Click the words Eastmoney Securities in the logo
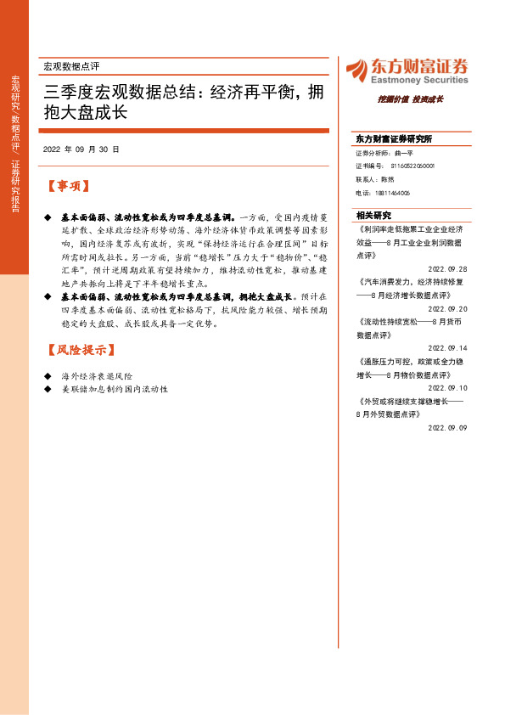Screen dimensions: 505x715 pyautogui.click(x=419, y=80)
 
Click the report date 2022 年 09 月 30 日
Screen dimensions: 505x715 pyautogui.click(x=81, y=149)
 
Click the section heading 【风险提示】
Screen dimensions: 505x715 pyautogui.click(x=80, y=350)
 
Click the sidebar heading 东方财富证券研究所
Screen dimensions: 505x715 pyautogui.click(x=394, y=138)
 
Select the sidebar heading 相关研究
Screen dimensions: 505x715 pyautogui.click(x=373, y=216)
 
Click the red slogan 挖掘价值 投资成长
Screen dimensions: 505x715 pyautogui.click(x=411, y=99)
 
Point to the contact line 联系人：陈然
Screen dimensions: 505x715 pyautogui.click(x=376, y=180)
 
